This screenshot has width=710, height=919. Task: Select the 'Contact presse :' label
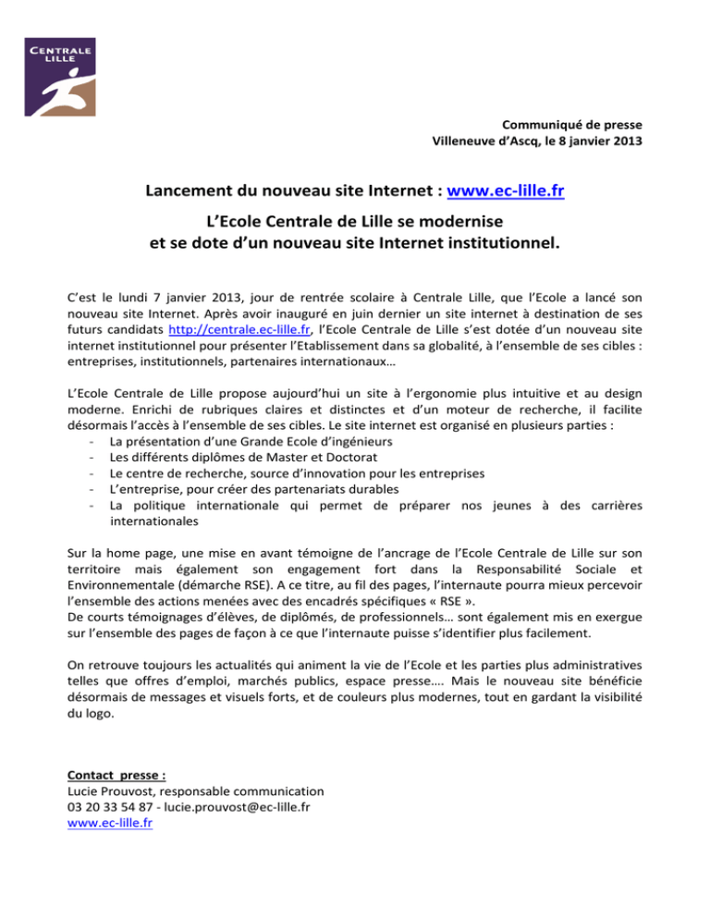[117, 774]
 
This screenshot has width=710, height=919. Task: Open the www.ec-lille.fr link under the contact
[110, 826]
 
